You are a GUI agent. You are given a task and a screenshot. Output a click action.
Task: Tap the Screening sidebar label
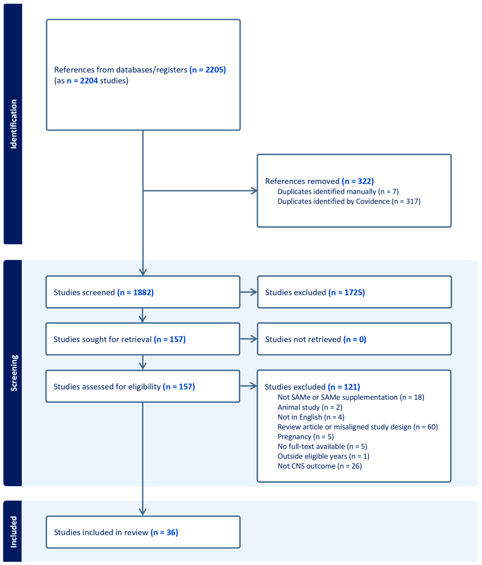(x=14, y=373)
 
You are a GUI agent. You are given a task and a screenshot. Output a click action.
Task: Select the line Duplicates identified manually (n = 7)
(x=338, y=191)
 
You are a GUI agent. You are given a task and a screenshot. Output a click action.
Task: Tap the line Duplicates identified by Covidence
(x=349, y=201)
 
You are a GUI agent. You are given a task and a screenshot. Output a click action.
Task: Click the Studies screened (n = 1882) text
(x=104, y=292)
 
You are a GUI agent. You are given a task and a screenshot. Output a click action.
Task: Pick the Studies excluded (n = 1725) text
(x=315, y=292)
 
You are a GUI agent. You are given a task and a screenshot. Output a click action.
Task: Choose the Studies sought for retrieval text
(x=119, y=339)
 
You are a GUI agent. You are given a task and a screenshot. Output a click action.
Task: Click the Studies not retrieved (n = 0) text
(x=315, y=339)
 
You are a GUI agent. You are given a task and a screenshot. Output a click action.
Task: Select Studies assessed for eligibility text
(x=124, y=387)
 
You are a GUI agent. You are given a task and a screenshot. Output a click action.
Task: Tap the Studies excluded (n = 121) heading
(x=312, y=387)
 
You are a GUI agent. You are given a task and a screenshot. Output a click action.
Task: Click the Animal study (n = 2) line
(x=310, y=407)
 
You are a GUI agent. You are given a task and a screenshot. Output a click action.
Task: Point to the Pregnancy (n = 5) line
(x=305, y=437)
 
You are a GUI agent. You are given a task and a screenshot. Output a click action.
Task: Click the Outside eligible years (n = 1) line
(x=323, y=456)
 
